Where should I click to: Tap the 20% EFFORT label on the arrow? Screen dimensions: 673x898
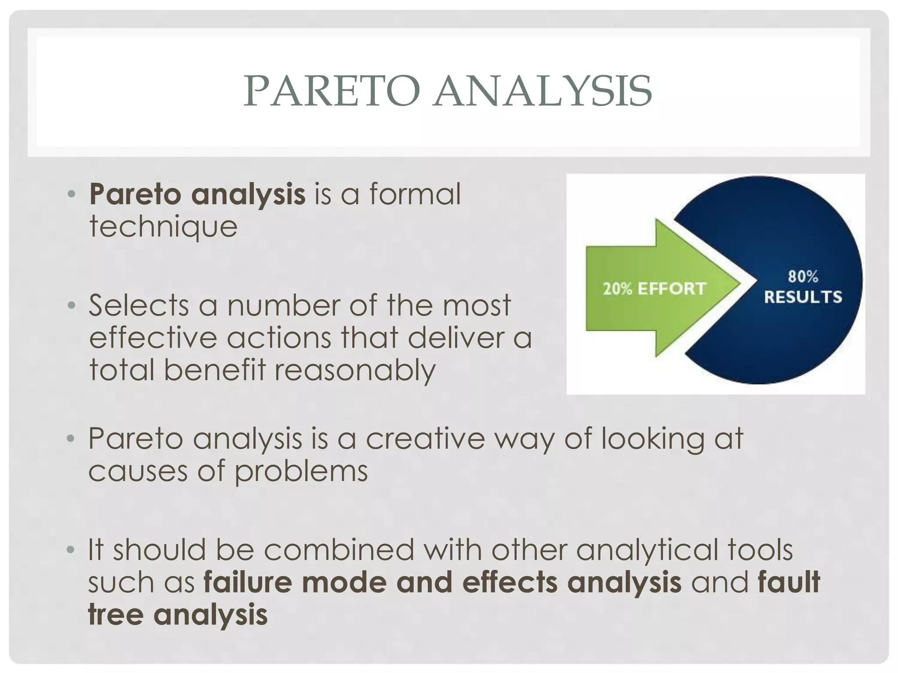(x=654, y=288)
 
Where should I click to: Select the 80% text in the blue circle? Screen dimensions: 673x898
(x=803, y=276)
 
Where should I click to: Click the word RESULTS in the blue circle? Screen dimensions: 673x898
(x=803, y=297)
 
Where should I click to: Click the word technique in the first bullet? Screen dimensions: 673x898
(x=163, y=227)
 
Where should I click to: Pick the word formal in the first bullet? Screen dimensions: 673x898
(x=415, y=194)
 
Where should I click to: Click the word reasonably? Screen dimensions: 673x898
(x=355, y=370)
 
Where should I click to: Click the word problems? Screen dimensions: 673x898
(x=301, y=471)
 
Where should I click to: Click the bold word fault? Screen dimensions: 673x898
(x=788, y=582)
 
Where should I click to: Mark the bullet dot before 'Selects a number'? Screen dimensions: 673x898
(x=71, y=305)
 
